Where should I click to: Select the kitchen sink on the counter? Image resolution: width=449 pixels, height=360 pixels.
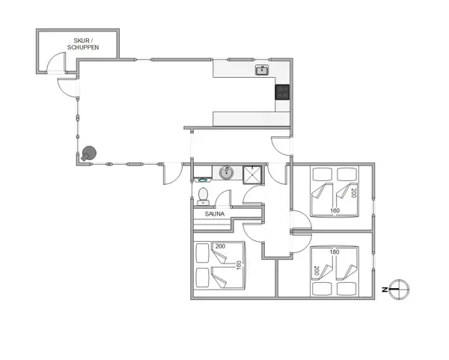pyautogui.click(x=262, y=70)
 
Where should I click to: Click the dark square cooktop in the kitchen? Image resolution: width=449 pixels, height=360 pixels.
pyautogui.click(x=282, y=92)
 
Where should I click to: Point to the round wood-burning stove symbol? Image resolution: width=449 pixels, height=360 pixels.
pyautogui.click(x=90, y=153)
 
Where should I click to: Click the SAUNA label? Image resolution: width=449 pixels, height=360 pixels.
pyautogui.click(x=205, y=213)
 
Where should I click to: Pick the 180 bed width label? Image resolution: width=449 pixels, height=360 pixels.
pyautogui.click(x=334, y=252)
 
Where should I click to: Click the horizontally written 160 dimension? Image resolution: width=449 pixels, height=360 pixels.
pyautogui.click(x=335, y=211)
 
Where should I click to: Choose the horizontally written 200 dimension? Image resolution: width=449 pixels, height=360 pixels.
pyautogui.click(x=220, y=246)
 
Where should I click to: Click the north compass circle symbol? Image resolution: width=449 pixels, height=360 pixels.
pyautogui.click(x=400, y=288)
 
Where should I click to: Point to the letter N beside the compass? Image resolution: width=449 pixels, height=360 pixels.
pyautogui.click(x=384, y=288)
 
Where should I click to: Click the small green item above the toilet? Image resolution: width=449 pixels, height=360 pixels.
pyautogui.click(x=203, y=181)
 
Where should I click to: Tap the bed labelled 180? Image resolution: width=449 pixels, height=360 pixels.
pyautogui.click(x=334, y=271)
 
